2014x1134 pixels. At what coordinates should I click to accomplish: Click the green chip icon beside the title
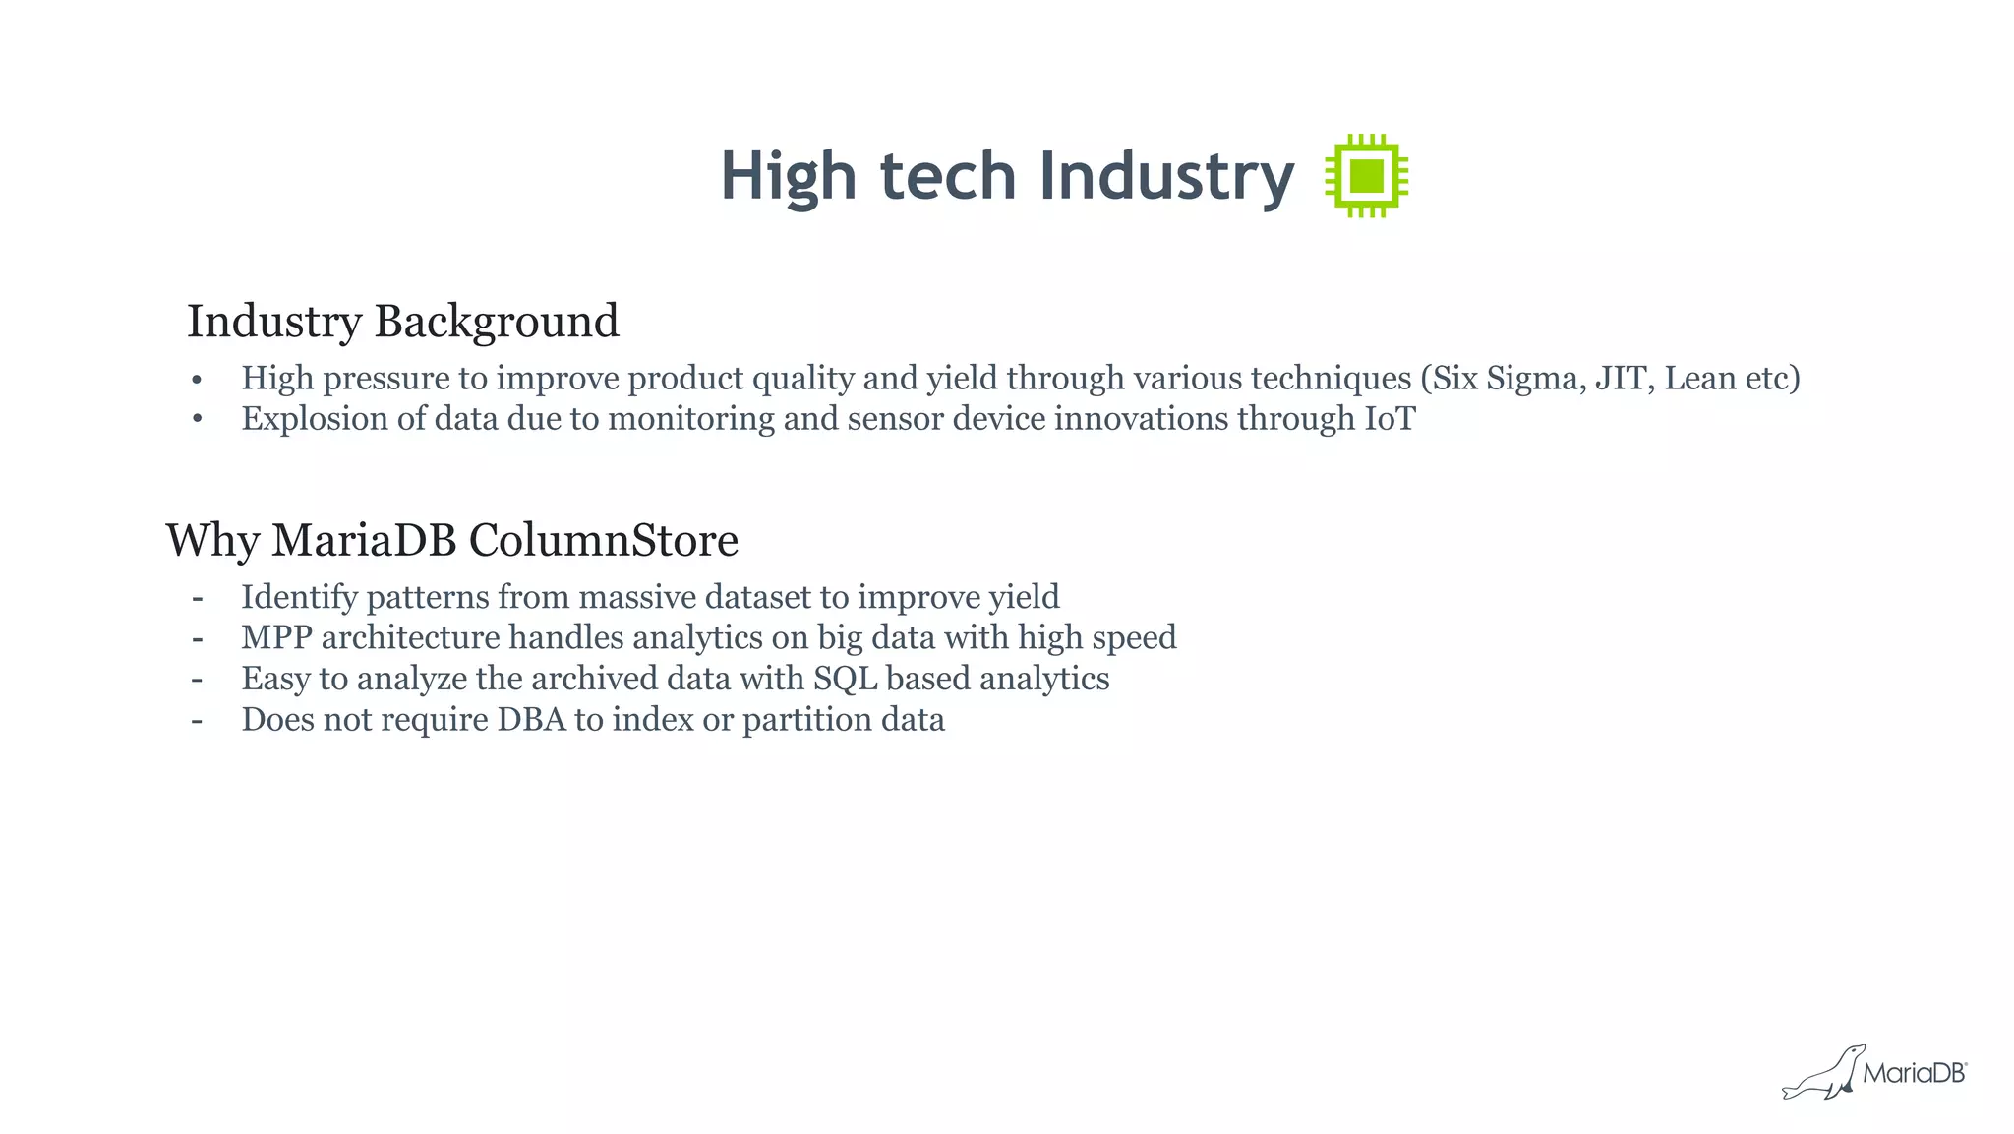click(1367, 176)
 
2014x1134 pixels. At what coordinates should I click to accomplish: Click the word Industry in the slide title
click(1166, 177)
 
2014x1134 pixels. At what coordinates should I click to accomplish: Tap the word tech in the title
click(947, 177)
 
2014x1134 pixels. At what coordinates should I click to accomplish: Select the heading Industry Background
click(403, 322)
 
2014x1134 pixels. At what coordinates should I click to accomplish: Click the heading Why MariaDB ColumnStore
click(452, 540)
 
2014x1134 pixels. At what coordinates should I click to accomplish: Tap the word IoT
click(1389, 419)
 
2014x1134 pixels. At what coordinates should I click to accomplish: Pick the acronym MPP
click(276, 638)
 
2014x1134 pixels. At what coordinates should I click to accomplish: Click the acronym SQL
click(845, 679)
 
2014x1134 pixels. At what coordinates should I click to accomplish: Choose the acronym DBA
click(531, 720)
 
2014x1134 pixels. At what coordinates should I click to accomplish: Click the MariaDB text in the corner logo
click(1913, 1074)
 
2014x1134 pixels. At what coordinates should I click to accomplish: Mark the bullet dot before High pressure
click(197, 380)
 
